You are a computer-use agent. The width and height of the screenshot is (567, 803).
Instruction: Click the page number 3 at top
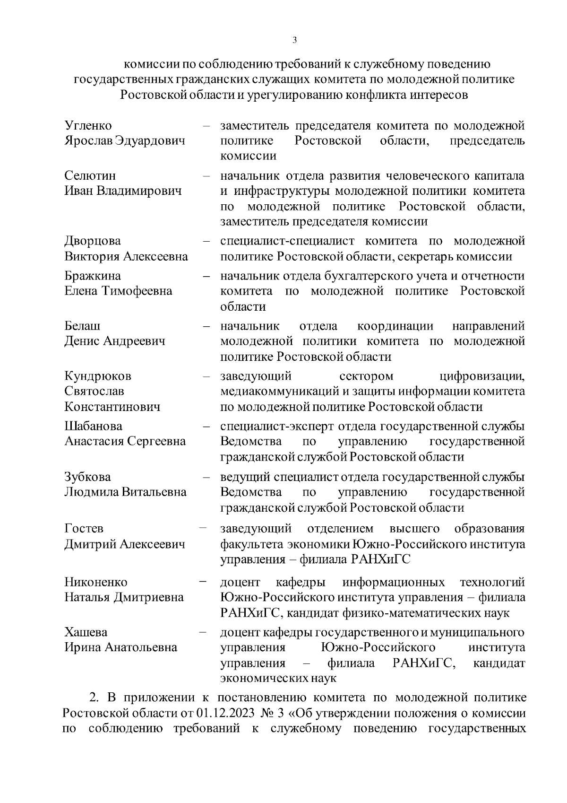[x=294, y=40]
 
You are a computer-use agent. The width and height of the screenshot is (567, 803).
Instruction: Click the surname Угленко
[x=88, y=126]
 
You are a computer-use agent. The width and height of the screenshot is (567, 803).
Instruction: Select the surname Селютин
[x=90, y=176]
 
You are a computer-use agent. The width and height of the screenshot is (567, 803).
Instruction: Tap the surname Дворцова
[x=93, y=241]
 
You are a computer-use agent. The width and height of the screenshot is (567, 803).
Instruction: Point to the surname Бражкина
[x=93, y=276]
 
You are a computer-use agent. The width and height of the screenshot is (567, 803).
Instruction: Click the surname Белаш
[x=82, y=326]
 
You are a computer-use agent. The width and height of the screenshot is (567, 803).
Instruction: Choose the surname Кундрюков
[x=98, y=376]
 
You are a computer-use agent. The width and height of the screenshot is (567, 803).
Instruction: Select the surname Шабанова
[x=93, y=426]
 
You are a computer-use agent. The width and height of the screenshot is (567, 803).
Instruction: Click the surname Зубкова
[x=87, y=477]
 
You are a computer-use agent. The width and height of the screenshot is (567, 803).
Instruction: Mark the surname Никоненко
[x=96, y=582]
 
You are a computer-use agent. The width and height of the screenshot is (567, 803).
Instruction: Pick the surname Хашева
[x=86, y=632]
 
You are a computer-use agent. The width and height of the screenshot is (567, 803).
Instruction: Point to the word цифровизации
[x=482, y=376]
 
